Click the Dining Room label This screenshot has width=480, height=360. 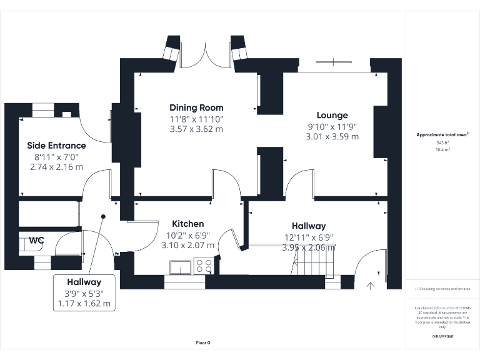196,107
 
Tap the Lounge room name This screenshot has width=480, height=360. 332,115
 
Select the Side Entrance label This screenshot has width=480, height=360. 56,146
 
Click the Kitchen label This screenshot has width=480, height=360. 188,224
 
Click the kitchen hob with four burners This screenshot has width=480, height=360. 204,267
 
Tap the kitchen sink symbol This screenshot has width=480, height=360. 179,267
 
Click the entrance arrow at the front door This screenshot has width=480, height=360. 370,286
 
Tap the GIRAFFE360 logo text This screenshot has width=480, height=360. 442,337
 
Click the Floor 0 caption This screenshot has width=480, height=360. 203,342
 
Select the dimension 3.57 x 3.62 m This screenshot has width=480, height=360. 196,129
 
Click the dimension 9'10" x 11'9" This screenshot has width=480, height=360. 332,126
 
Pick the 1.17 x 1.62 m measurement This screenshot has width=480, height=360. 84,304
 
